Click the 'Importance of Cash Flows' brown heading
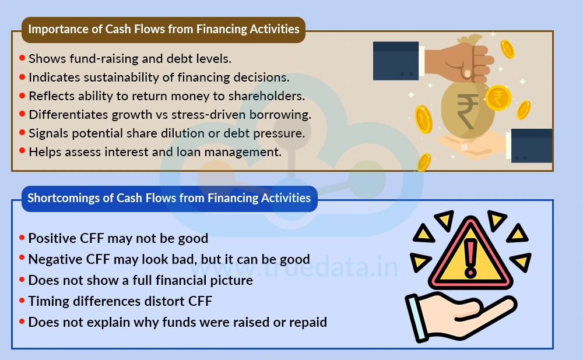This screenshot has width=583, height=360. click(164, 29)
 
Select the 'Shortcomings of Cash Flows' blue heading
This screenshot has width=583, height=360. click(169, 198)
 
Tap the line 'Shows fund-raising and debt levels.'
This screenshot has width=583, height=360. click(130, 59)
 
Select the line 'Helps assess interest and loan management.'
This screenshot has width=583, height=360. click(154, 152)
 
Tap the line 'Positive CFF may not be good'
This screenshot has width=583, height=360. click(118, 238)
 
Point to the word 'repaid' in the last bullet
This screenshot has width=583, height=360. click(308, 322)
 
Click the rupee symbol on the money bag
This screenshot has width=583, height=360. click(466, 111)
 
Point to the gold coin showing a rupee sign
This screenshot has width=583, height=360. click(498, 97)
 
